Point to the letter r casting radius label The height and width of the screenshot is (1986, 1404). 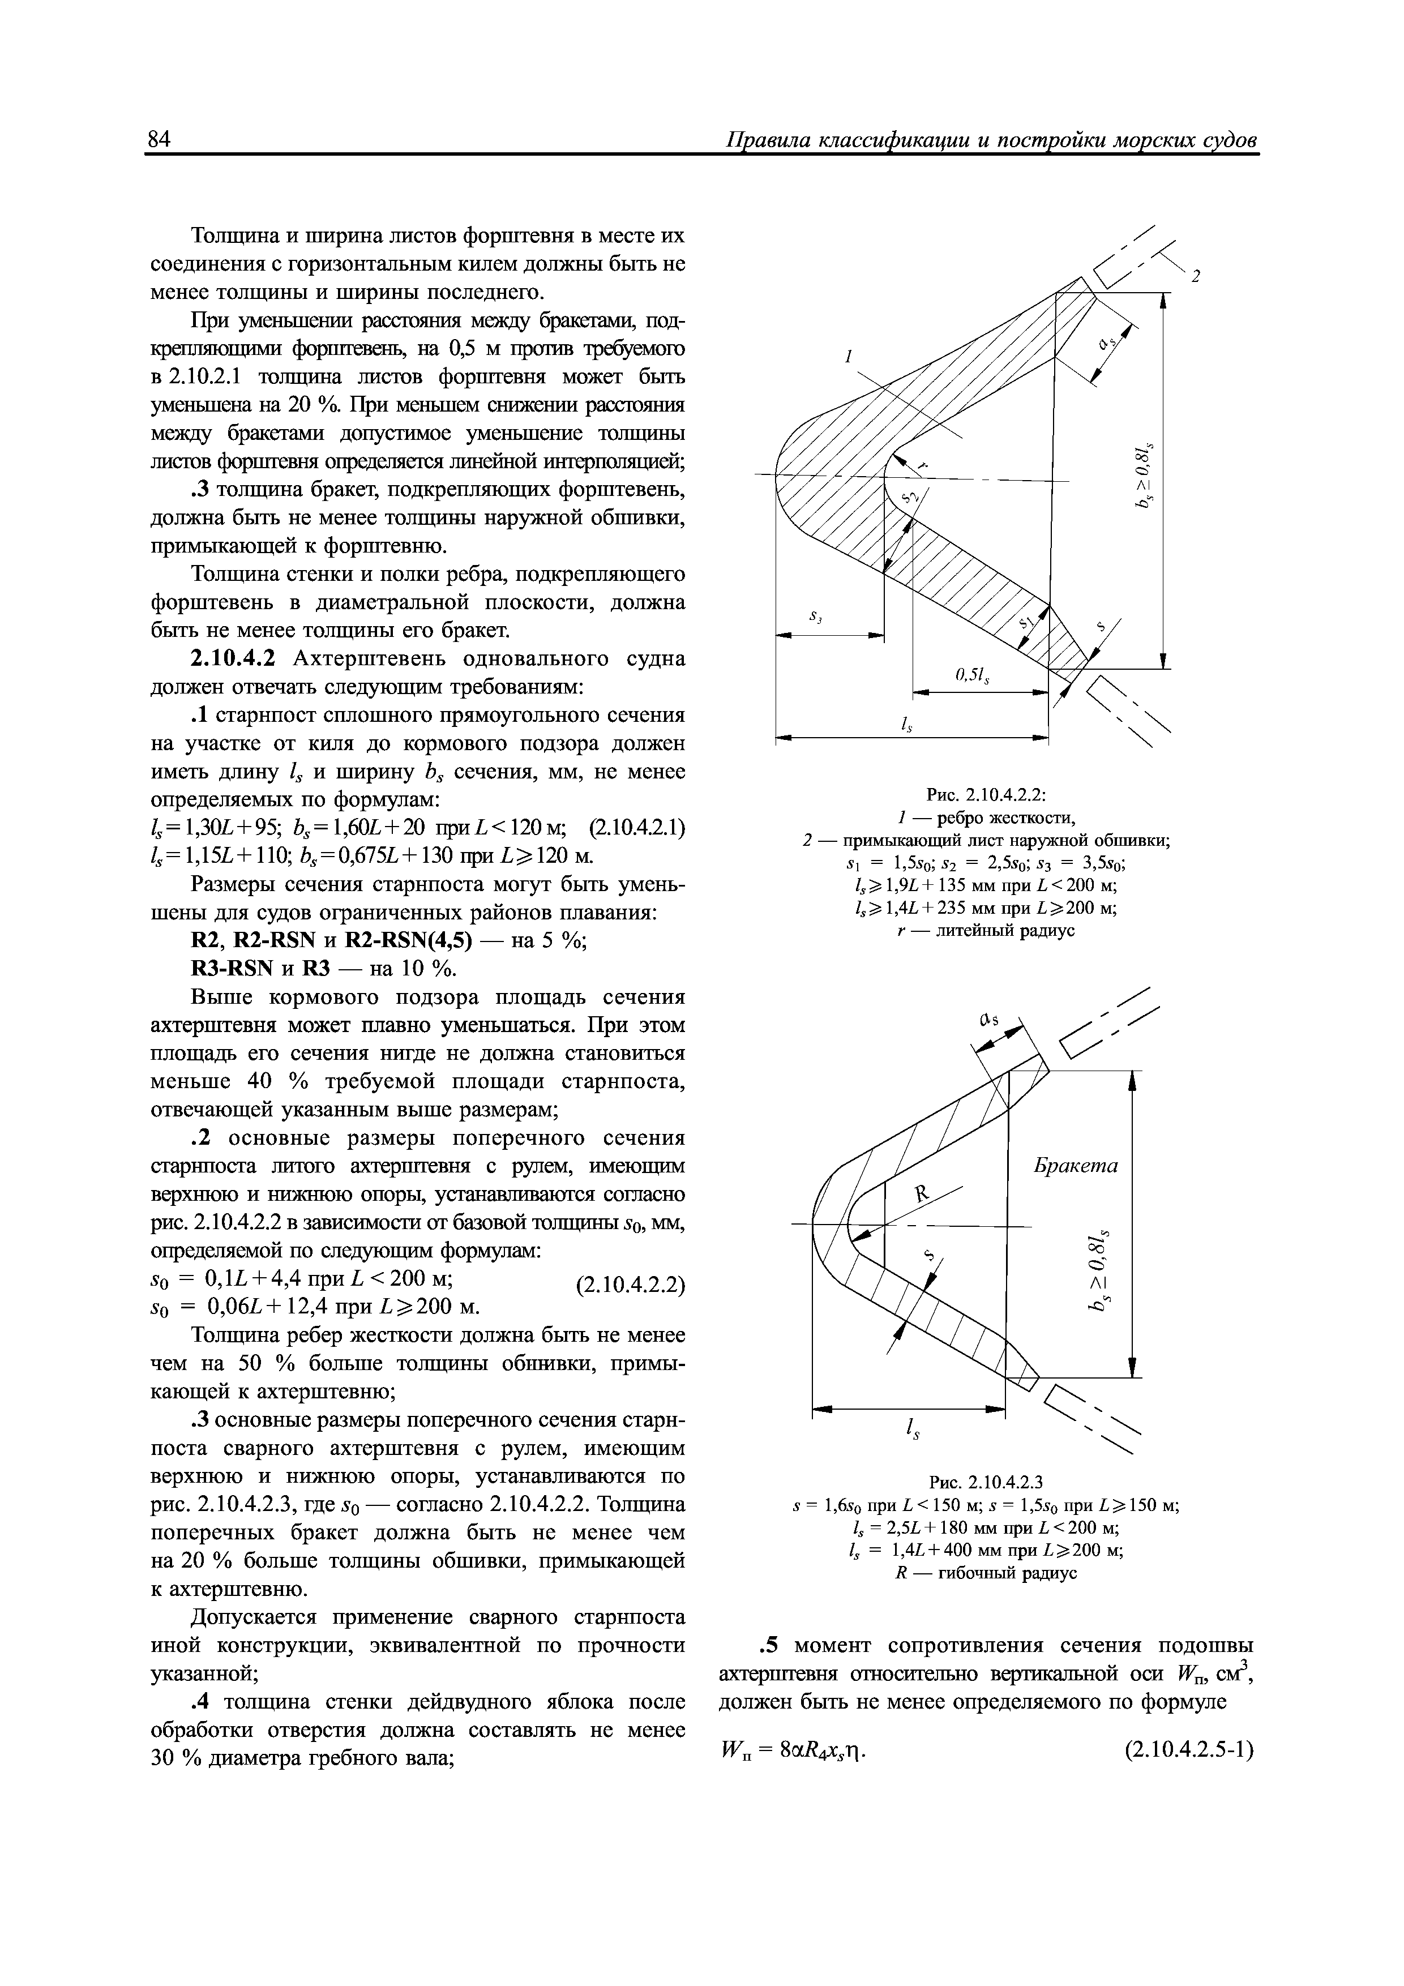[x=922, y=465]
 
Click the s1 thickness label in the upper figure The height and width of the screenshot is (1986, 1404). [x=1026, y=622]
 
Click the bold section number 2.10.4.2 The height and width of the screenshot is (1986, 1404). [x=232, y=658]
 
